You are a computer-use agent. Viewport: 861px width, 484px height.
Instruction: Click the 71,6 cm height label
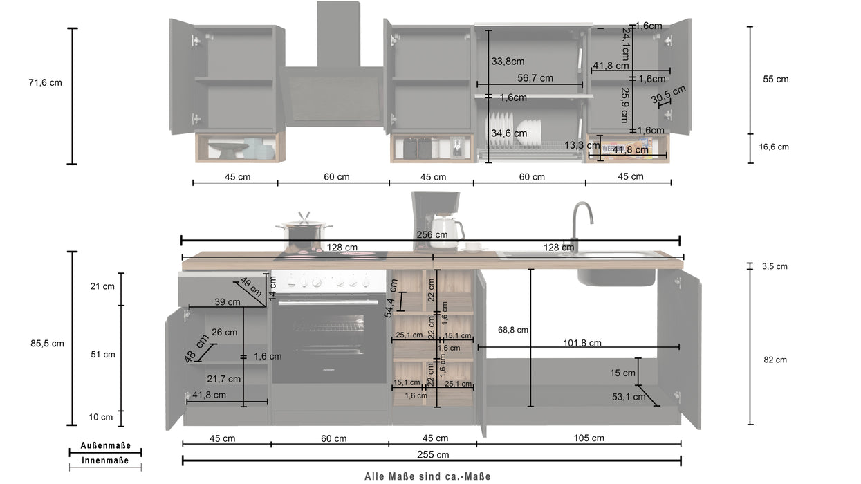click(45, 83)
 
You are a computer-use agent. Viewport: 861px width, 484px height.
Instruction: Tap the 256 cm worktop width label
click(432, 234)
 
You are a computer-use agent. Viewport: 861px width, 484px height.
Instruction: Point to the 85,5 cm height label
click(46, 344)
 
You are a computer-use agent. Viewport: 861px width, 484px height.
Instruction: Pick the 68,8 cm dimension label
click(512, 330)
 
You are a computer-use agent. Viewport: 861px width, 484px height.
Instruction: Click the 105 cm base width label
click(588, 438)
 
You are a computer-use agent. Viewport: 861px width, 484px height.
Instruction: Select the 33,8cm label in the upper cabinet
click(508, 61)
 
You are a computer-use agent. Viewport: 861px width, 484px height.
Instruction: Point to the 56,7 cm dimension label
click(535, 78)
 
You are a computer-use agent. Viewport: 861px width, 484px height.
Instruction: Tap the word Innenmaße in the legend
click(105, 460)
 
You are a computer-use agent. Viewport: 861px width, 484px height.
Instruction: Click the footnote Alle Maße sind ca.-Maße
click(428, 476)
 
